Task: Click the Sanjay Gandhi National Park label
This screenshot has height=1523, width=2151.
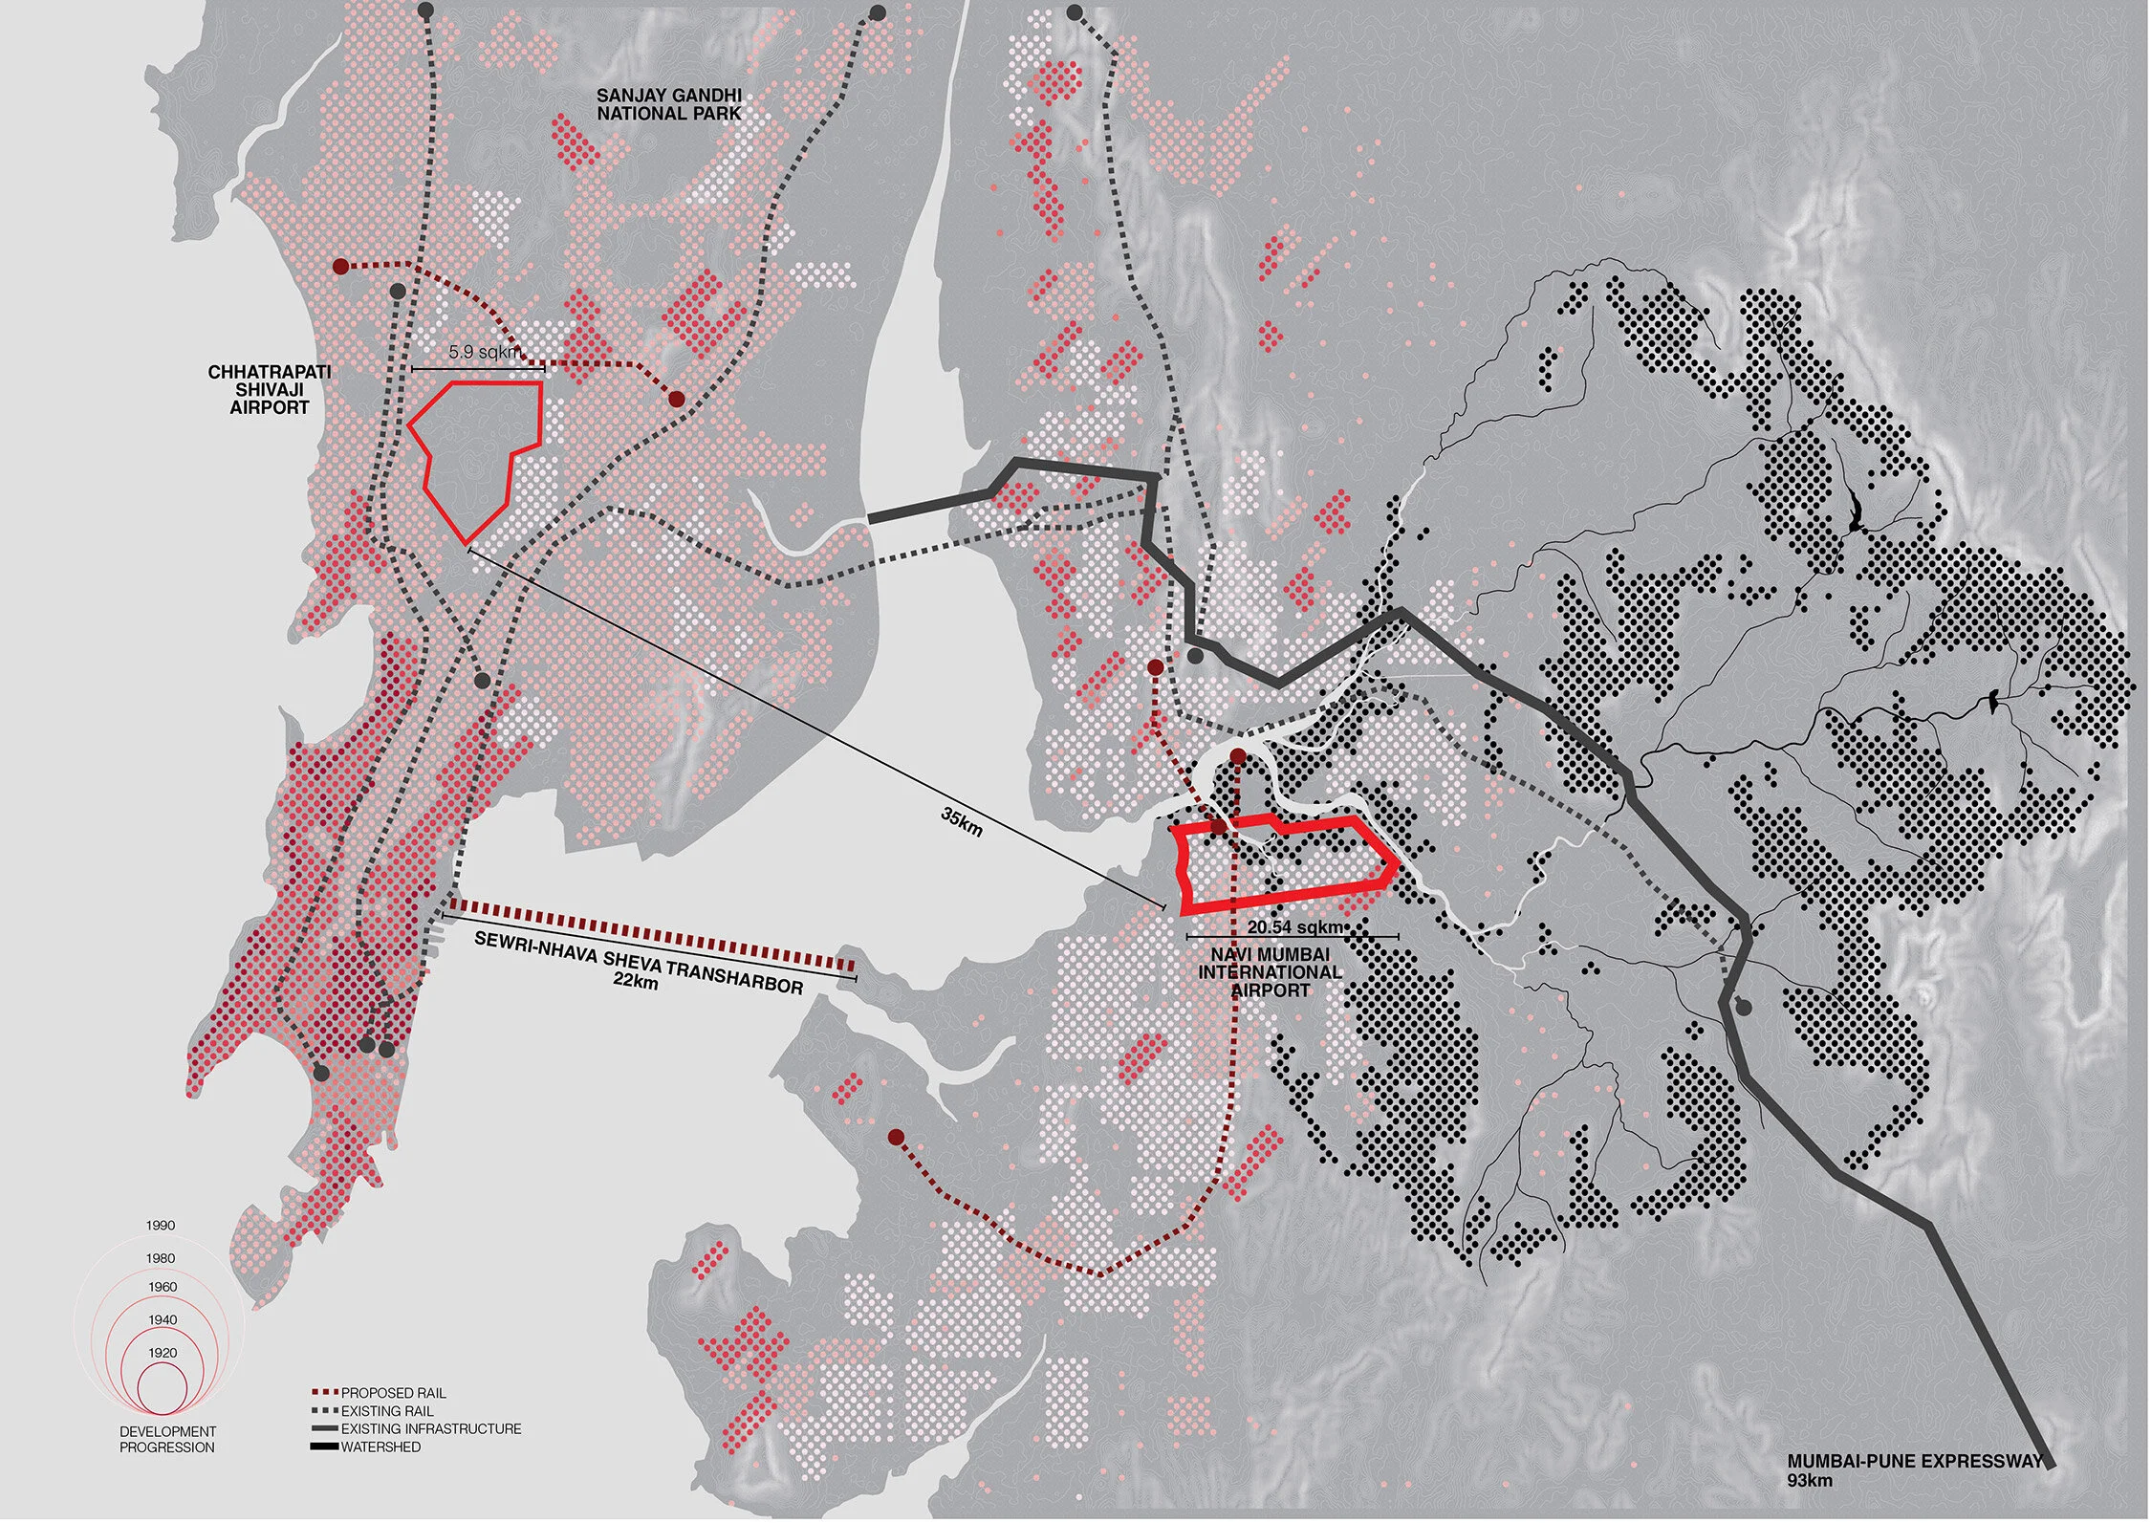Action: (x=668, y=104)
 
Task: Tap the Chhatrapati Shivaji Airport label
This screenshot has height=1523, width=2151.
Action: (x=269, y=389)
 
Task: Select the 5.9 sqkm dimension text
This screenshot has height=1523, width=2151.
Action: (x=485, y=352)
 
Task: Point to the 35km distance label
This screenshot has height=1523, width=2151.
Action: (x=961, y=821)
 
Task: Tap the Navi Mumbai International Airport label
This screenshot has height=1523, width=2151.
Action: (x=1270, y=972)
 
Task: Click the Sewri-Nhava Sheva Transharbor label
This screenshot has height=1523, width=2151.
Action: (x=639, y=962)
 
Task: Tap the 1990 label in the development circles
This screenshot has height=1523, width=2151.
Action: (x=161, y=1226)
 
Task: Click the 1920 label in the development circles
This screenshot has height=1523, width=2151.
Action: (x=163, y=1353)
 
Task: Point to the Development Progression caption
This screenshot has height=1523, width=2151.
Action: (x=167, y=1439)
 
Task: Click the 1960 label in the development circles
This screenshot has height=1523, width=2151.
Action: (x=163, y=1287)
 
